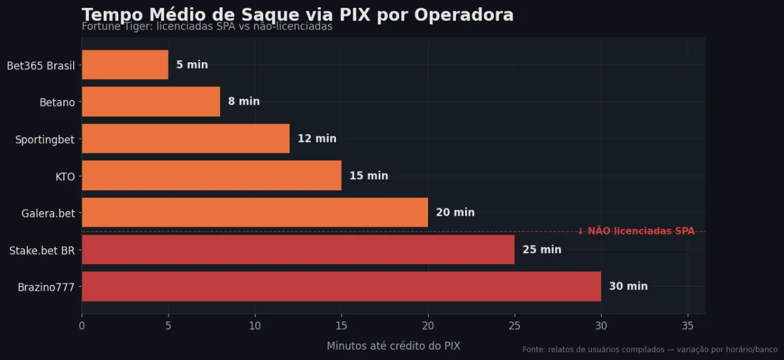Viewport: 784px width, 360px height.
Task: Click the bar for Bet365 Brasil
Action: [125, 65]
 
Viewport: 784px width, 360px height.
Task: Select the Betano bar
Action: [151, 101]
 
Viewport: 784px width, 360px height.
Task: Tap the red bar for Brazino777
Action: [341, 286]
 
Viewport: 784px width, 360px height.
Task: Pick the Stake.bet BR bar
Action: [298, 250]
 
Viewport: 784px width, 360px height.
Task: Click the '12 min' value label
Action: [317, 139]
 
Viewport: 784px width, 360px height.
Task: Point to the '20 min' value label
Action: [455, 212]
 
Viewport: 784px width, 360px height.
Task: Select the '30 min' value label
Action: [629, 286]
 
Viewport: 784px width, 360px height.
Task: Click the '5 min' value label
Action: [192, 65]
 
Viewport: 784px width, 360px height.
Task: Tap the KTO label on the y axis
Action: [65, 176]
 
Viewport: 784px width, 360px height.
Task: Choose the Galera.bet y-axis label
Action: [48, 212]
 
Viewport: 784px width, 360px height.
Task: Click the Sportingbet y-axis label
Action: [44, 139]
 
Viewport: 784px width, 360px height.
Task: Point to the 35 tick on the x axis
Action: [687, 325]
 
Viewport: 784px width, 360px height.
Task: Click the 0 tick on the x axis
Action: [82, 325]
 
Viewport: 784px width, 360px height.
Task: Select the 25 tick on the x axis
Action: [514, 325]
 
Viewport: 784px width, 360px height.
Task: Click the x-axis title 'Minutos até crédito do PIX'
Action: [393, 346]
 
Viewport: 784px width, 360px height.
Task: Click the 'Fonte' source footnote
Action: [649, 350]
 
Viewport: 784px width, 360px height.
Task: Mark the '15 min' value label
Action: [368, 176]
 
